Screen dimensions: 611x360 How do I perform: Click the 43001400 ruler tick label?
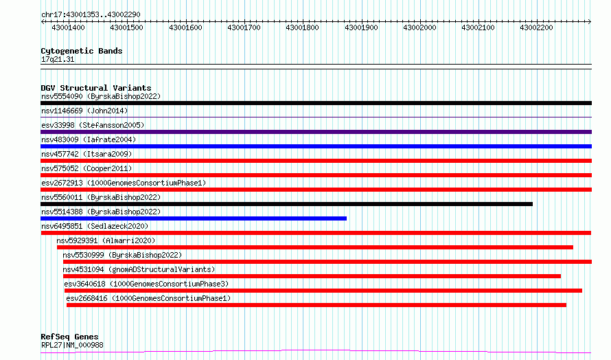point(68,27)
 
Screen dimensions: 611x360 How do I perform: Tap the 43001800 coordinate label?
point(302,27)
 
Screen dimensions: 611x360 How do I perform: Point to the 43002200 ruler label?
point(537,27)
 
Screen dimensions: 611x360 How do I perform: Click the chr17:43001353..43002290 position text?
point(91,14)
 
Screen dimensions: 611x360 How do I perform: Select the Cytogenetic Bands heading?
point(82,51)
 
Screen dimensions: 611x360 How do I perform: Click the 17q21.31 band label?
point(58,59)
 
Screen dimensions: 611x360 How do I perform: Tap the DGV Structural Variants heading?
point(96,88)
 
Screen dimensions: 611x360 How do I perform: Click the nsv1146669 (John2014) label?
point(84,111)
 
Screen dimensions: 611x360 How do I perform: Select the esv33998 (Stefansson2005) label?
point(93,125)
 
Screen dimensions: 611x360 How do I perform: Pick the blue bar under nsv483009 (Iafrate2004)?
point(316,146)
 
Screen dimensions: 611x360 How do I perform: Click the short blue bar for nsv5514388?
point(194,218)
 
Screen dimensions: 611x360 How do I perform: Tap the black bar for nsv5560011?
point(286,204)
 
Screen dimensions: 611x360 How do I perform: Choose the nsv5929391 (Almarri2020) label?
point(106,240)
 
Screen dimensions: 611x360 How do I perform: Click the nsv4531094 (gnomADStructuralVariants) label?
point(139,269)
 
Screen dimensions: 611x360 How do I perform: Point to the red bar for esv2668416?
point(316,305)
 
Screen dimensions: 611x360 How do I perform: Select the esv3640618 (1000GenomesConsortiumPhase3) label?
point(146,284)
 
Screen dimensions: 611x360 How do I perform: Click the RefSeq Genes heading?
point(69,337)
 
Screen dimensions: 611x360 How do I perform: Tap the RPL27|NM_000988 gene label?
point(73,345)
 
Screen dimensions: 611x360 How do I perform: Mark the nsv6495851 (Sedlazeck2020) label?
point(95,226)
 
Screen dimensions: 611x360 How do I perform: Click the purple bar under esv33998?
point(316,132)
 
